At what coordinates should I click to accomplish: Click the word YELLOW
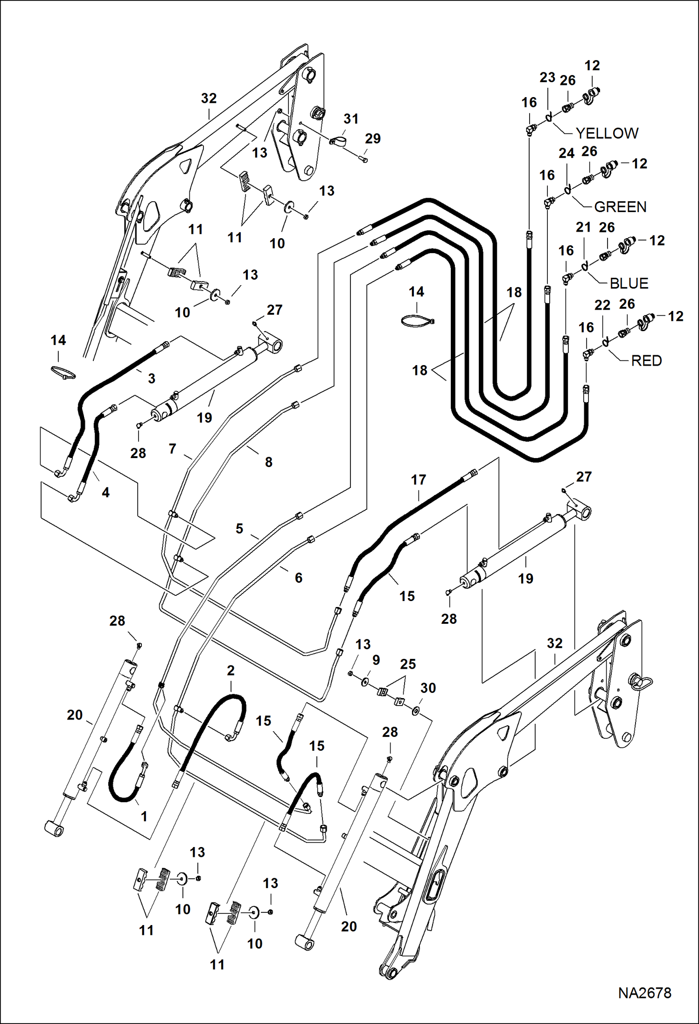click(607, 133)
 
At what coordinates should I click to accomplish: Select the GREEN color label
click(620, 207)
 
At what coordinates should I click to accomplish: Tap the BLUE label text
click(629, 283)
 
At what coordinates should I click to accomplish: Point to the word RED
click(646, 360)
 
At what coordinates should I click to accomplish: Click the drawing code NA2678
click(644, 993)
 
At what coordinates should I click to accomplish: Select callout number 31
click(351, 119)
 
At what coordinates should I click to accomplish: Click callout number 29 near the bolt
click(372, 139)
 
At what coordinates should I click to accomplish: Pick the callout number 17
click(419, 480)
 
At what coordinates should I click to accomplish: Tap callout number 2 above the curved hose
click(231, 671)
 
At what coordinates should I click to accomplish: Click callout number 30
click(428, 688)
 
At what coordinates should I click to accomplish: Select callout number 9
click(376, 660)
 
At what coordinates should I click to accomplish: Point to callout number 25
click(408, 664)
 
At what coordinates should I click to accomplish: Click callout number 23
click(547, 78)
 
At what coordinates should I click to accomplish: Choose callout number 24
click(566, 153)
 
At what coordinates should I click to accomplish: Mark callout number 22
click(602, 305)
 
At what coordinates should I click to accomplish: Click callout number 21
click(583, 227)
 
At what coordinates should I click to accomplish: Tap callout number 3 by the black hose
click(151, 379)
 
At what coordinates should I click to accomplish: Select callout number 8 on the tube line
click(268, 462)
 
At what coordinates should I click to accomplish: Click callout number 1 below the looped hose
click(144, 816)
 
